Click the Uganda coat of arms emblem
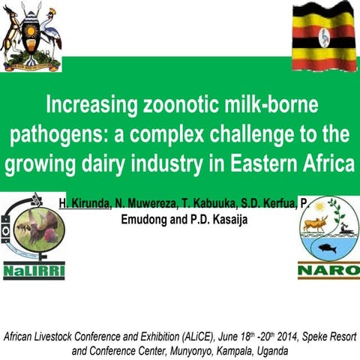click(x=31, y=36)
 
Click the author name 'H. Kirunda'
click(x=85, y=203)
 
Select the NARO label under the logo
click(x=328, y=269)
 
